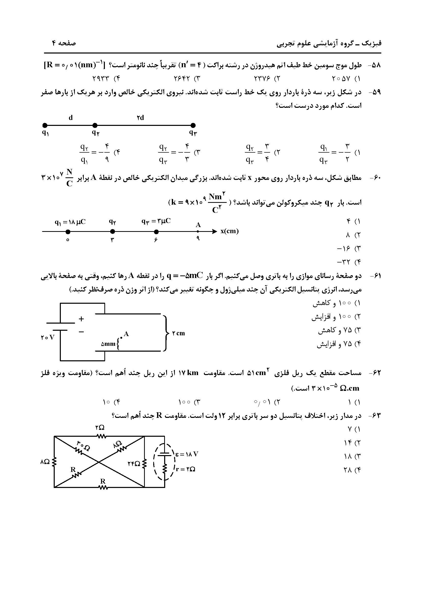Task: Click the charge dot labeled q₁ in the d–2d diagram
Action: click(x=45, y=126)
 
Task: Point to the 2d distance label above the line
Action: click(x=140, y=118)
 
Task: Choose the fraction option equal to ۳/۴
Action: click(x=258, y=153)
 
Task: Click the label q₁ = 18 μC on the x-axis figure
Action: click(x=70, y=222)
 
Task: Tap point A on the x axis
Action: click(x=198, y=231)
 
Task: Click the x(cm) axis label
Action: click(x=229, y=231)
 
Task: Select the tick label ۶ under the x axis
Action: click(x=156, y=240)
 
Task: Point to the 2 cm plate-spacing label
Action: click(x=179, y=333)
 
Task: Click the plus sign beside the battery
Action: click(x=81, y=319)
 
